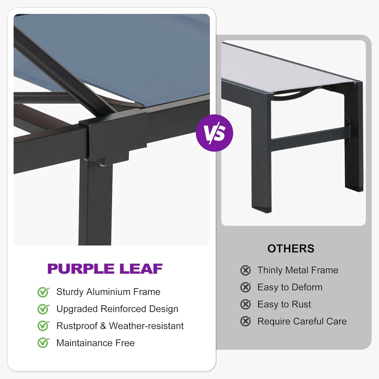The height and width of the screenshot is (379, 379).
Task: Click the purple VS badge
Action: coord(214,133)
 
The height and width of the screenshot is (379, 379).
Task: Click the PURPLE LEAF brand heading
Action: coord(105,269)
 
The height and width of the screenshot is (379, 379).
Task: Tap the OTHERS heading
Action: coord(291,249)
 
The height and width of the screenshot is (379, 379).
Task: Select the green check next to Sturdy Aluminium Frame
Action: coord(43,292)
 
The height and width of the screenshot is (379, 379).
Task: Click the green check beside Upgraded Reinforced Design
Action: coord(43,309)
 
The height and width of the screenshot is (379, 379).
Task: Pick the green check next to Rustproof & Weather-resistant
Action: coord(43,326)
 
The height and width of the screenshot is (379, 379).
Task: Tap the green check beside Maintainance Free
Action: coord(43,343)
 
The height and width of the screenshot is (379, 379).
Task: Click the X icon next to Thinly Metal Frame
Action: coord(245,270)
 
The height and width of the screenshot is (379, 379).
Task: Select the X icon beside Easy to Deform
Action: coord(245,287)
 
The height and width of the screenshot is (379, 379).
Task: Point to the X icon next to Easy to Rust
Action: coord(245,305)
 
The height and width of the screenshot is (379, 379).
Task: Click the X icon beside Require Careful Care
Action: coord(245,321)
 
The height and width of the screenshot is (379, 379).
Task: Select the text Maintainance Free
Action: coord(95,343)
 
